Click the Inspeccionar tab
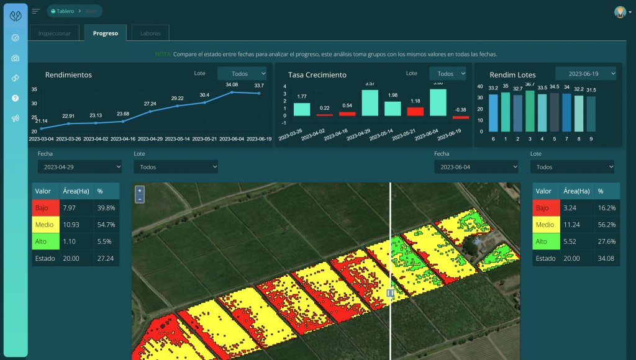(x=55, y=34)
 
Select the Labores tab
(x=150, y=34)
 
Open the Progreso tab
(x=105, y=34)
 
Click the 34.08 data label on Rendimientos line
(x=232, y=84)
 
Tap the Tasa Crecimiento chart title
(x=317, y=74)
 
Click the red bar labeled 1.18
(x=415, y=111)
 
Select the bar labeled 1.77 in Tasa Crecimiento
(x=302, y=109)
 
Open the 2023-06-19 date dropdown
(x=586, y=73)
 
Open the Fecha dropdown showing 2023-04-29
(x=79, y=167)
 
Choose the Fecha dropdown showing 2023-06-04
(x=476, y=167)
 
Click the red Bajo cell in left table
(x=45, y=208)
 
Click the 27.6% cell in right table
(x=607, y=241)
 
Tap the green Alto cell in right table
(x=546, y=241)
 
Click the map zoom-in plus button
(x=140, y=191)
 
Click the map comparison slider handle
(x=390, y=293)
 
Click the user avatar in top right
(x=620, y=12)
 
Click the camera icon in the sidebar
(x=15, y=58)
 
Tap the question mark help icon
(x=15, y=98)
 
